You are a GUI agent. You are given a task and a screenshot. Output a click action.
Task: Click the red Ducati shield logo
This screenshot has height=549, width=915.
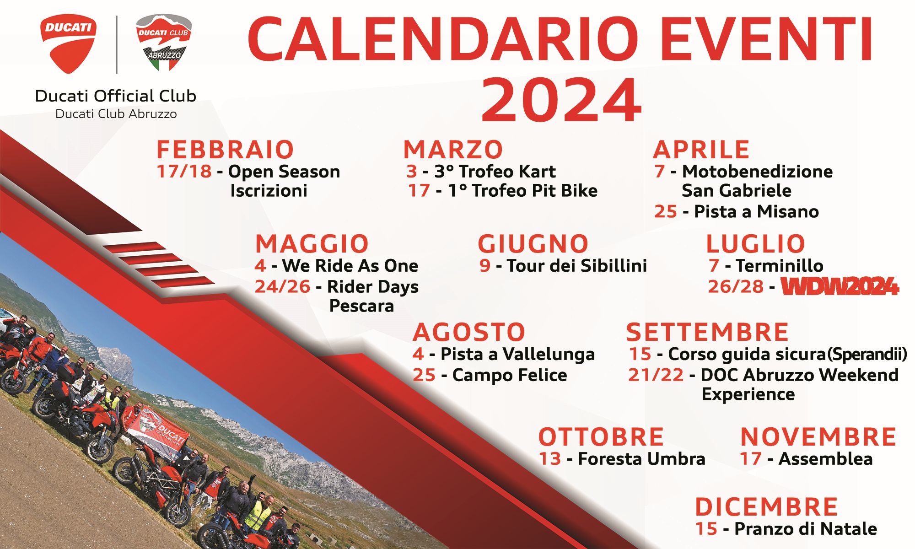click(x=69, y=43)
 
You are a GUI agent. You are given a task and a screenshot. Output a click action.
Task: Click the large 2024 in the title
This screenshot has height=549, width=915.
click(x=561, y=99)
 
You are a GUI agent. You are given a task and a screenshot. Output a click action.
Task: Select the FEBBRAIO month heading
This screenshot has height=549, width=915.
click(x=225, y=150)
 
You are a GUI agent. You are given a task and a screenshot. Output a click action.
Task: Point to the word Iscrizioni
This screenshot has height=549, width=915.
click(x=269, y=190)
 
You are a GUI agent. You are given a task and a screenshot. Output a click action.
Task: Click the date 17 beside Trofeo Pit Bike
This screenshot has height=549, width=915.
click(x=419, y=190)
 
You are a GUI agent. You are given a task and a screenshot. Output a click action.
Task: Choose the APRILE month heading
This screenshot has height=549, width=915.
click(x=701, y=150)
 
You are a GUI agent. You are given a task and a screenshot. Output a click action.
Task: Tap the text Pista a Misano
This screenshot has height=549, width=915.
click(x=756, y=211)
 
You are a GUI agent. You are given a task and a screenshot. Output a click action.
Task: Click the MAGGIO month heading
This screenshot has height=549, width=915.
click(x=312, y=243)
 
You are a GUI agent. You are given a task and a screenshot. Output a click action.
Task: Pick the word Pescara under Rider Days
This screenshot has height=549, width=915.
click(x=361, y=306)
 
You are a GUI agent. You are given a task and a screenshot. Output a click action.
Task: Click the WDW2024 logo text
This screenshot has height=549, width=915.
click(x=840, y=287)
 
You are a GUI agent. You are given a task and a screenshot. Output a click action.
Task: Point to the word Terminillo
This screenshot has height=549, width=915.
click(x=780, y=265)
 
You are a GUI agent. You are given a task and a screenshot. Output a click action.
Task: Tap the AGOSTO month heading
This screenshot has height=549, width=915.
click(x=469, y=332)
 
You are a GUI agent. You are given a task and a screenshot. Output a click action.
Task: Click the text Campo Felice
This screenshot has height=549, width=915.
click(x=510, y=375)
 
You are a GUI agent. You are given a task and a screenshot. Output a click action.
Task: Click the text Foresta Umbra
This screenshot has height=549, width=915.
click(x=641, y=459)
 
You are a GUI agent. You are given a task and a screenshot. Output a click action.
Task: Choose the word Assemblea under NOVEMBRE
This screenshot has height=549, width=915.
click(x=825, y=459)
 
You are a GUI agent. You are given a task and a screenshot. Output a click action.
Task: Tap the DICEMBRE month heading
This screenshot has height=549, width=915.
click(x=766, y=507)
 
